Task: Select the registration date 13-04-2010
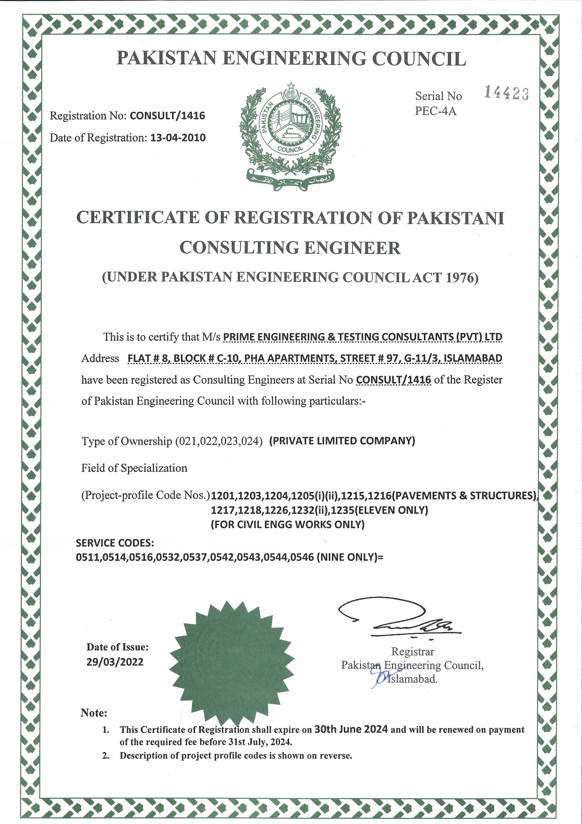178,138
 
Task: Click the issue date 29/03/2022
115,662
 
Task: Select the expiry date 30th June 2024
351,729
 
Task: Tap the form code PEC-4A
435,111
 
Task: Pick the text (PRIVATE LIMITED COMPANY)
342,441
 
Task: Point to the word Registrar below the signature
413,652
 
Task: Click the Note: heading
94,713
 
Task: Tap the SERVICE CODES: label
115,543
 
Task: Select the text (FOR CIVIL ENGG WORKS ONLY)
287,524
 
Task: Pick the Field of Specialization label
134,468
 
